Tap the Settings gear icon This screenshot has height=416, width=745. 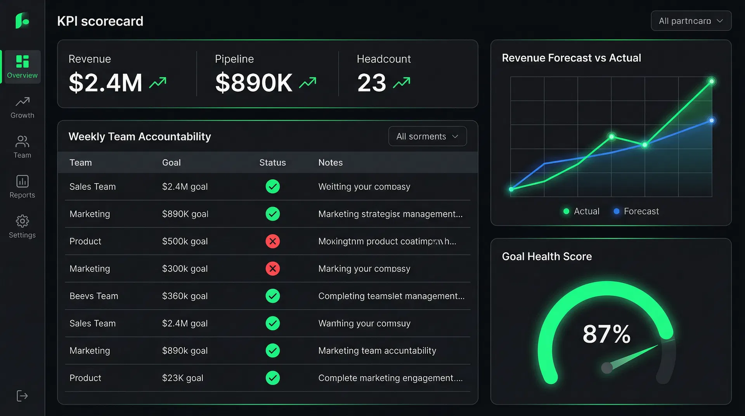click(22, 221)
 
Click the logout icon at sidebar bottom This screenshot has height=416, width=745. click(22, 396)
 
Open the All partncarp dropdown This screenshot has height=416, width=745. click(691, 21)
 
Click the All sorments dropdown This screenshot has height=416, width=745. click(427, 137)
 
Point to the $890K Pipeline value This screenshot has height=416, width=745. click(254, 83)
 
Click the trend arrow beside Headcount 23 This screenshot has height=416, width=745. click(401, 83)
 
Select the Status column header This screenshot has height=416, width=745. click(272, 163)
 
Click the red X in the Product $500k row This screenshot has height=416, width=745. click(272, 241)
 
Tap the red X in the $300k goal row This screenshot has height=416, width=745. click(272, 269)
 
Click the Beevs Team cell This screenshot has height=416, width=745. click(94, 296)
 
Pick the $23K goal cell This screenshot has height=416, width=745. click(182, 378)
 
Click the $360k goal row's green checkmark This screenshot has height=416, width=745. click(272, 296)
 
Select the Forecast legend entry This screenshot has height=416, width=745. click(636, 211)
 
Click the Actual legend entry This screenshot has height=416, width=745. click(581, 211)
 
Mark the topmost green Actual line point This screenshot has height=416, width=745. click(711, 81)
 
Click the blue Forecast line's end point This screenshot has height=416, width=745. click(711, 121)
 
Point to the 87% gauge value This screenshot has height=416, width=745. click(606, 334)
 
